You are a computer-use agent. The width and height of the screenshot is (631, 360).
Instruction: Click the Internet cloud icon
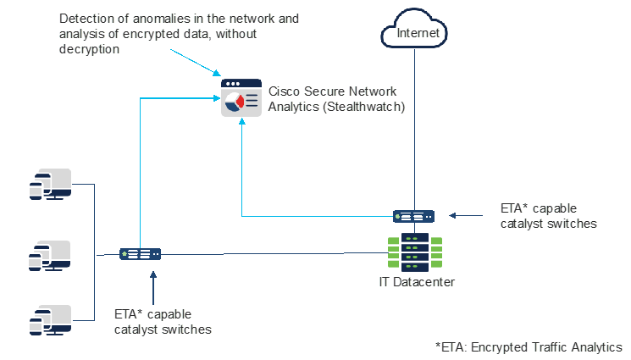414,31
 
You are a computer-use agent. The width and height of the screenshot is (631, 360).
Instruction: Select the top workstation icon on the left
51,185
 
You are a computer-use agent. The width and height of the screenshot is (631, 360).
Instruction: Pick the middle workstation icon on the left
51,255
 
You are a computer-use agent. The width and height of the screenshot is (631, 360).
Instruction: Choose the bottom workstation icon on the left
51,319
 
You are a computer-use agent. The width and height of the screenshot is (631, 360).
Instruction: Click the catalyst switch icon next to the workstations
141,253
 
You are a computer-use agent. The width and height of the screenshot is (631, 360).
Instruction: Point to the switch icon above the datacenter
414,217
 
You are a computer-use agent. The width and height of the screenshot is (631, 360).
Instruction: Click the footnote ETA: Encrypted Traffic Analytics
529,346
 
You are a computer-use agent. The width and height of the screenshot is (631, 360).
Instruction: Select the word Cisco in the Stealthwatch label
285,91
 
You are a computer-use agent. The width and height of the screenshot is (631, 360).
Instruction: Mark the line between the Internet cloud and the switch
414,127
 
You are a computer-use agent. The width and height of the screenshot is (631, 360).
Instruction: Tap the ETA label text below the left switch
162,322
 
